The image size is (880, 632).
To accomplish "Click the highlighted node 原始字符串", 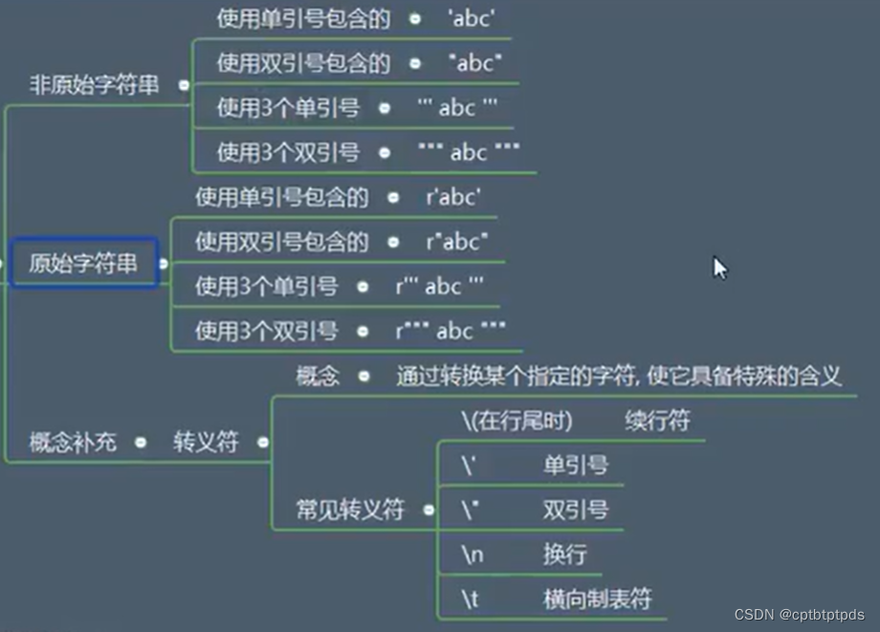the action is (83, 264).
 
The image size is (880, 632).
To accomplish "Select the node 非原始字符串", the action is (94, 85).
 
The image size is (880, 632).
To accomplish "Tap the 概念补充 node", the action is (73, 442).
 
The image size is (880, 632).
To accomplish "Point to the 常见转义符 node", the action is (350, 510).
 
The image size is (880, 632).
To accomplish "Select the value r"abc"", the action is (456, 241).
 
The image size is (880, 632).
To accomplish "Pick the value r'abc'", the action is (453, 197).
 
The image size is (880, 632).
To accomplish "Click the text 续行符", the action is (658, 421).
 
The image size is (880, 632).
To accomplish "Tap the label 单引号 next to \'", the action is (575, 466).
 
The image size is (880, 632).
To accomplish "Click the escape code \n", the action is (471, 555).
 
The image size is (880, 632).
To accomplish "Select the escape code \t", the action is (470, 599).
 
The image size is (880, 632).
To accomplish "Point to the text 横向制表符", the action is (598, 599).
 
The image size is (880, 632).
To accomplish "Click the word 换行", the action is (564, 555).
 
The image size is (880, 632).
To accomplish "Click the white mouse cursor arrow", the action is (720, 268).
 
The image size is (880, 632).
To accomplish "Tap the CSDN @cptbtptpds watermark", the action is (800, 615).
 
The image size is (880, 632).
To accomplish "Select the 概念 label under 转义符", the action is (318, 376).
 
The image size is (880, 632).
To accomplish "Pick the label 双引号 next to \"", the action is (575, 510).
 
